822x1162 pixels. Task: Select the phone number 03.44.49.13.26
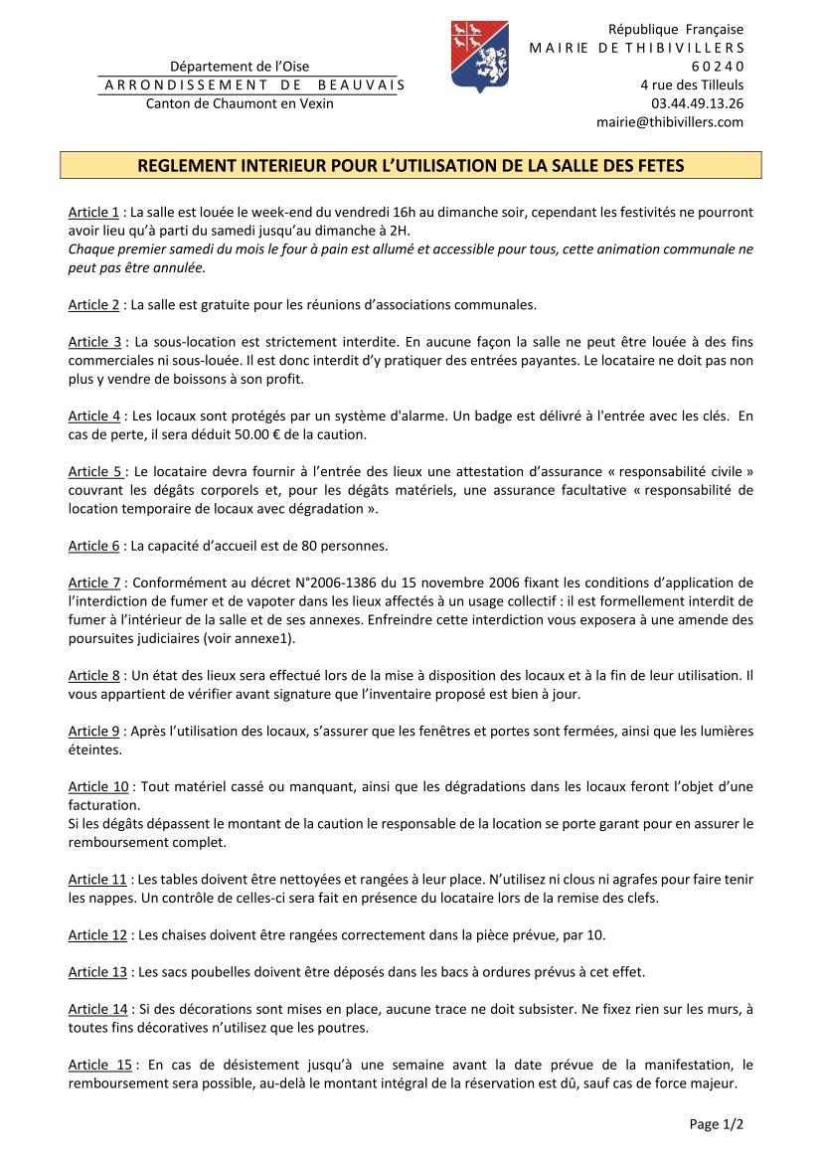[x=697, y=103]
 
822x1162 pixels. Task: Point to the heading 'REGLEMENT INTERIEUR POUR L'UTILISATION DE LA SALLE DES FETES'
[x=411, y=165]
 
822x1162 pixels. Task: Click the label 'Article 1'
[x=93, y=212]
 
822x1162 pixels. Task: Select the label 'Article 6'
[x=93, y=546]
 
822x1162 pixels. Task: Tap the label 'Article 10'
[x=97, y=787]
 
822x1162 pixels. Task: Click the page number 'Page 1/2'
[x=716, y=1124]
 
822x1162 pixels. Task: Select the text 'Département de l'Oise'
[x=240, y=66]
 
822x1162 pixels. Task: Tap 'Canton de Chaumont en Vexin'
[x=240, y=103]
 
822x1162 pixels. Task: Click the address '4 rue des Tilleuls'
[x=692, y=84]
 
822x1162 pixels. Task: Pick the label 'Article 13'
[x=97, y=971]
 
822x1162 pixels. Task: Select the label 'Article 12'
[x=97, y=934]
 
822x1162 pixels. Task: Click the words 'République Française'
[x=676, y=29]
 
